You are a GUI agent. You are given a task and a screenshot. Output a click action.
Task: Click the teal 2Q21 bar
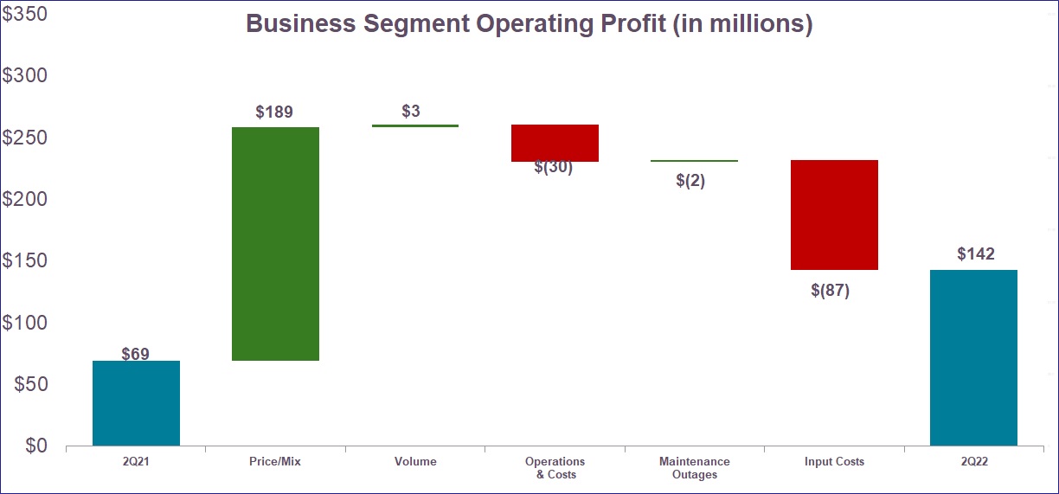136,403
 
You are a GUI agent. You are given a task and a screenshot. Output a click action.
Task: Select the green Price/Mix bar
275,244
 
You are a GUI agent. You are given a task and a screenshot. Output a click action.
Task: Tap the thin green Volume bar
414,126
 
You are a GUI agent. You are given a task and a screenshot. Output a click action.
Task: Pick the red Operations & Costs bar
555,143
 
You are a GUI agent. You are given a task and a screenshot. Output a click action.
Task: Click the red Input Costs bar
834,215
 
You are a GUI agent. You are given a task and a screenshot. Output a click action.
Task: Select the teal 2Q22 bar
973,357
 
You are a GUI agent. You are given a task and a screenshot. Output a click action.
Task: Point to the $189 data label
274,112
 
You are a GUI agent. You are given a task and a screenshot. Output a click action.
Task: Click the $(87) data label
831,291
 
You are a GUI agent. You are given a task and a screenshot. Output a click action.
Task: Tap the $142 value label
975,254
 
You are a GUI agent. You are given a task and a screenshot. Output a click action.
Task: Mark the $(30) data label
554,168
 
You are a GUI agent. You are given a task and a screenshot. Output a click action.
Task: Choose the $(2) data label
690,181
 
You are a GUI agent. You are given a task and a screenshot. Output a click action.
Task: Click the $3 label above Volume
411,112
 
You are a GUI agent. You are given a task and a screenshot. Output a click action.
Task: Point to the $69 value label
136,353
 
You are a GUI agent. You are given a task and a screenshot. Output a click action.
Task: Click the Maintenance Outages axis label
694,468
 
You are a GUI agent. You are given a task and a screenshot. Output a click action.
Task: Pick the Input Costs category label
834,462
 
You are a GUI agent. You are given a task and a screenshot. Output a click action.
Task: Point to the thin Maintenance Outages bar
694,161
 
